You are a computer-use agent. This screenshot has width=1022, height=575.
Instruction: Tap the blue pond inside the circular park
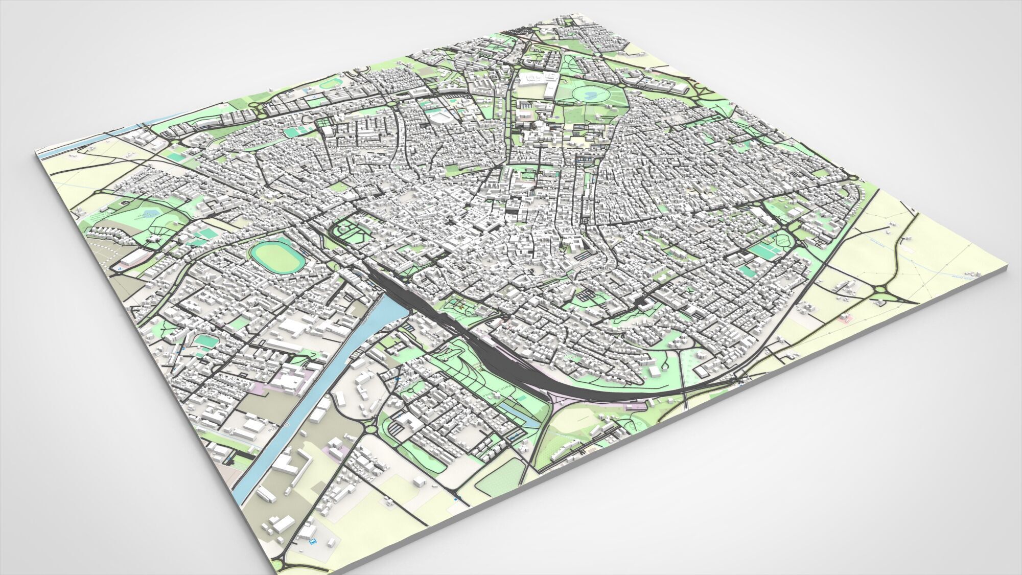click(x=590, y=95)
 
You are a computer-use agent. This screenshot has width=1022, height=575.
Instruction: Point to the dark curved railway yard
click(x=511, y=353)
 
